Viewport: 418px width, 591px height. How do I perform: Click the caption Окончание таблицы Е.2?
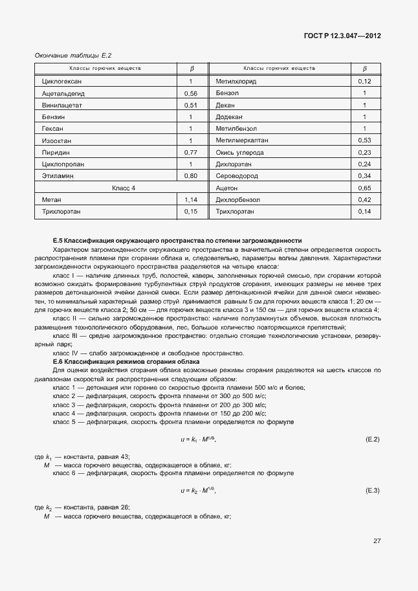69,56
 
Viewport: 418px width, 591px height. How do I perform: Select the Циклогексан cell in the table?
61,82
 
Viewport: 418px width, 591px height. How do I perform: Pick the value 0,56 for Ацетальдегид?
191,93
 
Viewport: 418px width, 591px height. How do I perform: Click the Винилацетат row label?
61,105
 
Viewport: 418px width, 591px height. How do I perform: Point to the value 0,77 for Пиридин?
191,152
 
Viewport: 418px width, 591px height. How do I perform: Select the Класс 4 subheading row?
124,188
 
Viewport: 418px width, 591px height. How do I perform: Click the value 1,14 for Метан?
191,199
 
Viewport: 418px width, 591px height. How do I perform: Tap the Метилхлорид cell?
236,82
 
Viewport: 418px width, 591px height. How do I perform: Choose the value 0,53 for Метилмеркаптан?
364,140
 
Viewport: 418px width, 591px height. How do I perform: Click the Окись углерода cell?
240,152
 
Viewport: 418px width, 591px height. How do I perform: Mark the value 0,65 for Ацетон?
364,188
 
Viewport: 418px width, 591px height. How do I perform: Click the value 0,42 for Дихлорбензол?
364,199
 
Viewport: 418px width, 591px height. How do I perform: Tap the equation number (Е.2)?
372,440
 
